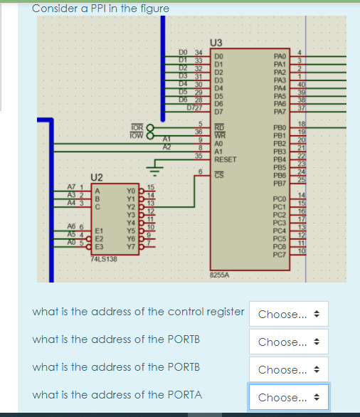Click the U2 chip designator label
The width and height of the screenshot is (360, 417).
[97, 176]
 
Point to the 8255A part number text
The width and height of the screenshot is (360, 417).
[219, 273]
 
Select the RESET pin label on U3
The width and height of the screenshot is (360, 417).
[226, 160]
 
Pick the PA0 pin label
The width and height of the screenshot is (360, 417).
[279, 53]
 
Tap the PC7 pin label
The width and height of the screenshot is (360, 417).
[279, 253]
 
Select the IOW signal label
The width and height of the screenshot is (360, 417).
[136, 133]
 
